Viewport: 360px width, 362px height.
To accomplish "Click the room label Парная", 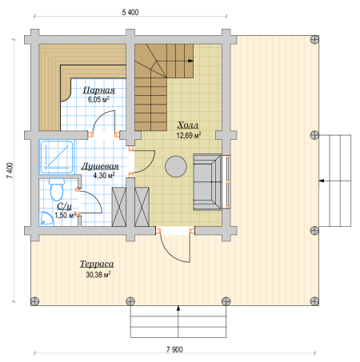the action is [99, 90].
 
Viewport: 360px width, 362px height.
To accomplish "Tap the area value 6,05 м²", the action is [98, 100].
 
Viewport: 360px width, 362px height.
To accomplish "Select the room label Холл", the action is [188, 125].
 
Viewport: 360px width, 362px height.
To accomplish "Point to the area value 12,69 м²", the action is [189, 135].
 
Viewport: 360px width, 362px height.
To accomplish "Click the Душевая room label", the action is [100, 166].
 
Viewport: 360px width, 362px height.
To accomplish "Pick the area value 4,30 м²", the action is [104, 175].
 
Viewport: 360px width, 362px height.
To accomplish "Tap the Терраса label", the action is [97, 264].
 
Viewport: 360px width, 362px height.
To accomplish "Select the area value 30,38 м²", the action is [98, 274].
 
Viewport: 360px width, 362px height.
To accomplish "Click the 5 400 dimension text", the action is [130, 12].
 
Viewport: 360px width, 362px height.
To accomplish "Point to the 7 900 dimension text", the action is [174, 349].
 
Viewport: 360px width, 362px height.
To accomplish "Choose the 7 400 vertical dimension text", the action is [10, 170].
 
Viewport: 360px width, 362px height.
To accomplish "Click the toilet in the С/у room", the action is [57, 189].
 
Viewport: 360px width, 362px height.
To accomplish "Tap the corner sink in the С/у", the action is [46, 218].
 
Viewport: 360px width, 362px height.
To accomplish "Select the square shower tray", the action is [56, 157].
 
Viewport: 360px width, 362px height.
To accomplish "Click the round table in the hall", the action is [176, 166].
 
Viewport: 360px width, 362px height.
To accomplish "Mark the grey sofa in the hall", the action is [207, 181].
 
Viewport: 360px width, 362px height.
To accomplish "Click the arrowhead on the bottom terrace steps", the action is [178, 308].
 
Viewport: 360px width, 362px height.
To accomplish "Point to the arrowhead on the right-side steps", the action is [322, 181].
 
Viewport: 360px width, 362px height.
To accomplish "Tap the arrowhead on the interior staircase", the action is [190, 61].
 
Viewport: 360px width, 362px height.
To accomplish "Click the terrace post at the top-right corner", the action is [314, 40].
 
